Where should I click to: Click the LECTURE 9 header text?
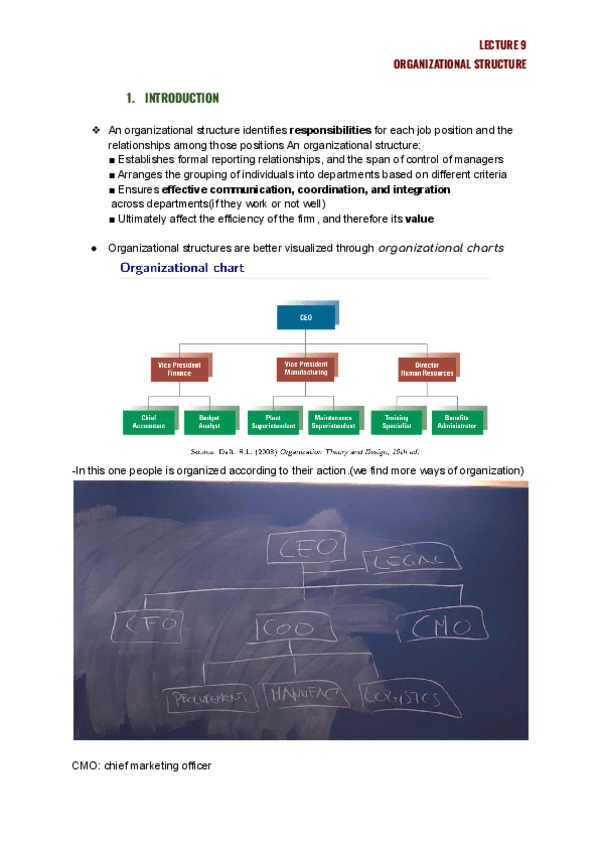pyautogui.click(x=503, y=45)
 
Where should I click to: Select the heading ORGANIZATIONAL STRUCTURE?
pyautogui.click(x=460, y=64)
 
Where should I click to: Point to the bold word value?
pyautogui.click(x=419, y=219)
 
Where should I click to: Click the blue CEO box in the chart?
pyautogui.click(x=305, y=317)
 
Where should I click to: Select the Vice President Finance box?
pyautogui.click(x=179, y=369)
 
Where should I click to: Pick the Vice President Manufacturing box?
pyautogui.click(x=305, y=368)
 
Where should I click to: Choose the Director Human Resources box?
pyautogui.click(x=427, y=369)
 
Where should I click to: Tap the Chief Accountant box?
pyautogui.click(x=148, y=421)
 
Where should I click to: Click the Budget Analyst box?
pyautogui.click(x=209, y=421)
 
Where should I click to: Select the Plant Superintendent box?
pyautogui.click(x=272, y=421)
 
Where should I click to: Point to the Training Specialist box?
pyautogui.click(x=396, y=421)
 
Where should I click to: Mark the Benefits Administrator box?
pyautogui.click(x=457, y=421)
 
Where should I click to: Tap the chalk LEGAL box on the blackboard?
pyautogui.click(x=398, y=565)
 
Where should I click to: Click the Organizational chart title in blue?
pyautogui.click(x=182, y=268)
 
